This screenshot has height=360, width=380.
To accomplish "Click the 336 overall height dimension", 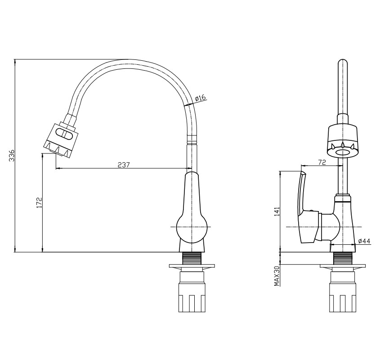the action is click(12, 156).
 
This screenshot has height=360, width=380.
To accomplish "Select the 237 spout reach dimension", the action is click(124, 165).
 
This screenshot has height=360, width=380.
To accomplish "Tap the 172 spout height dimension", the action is click(39, 202).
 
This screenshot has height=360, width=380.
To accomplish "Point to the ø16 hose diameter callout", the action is click(200, 98).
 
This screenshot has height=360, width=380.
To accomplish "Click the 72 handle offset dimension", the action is click(322, 162).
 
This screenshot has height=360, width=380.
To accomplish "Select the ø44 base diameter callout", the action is click(364, 241).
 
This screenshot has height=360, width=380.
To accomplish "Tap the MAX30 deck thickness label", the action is click(277, 276).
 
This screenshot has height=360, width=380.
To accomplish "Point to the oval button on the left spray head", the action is click(64, 134).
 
